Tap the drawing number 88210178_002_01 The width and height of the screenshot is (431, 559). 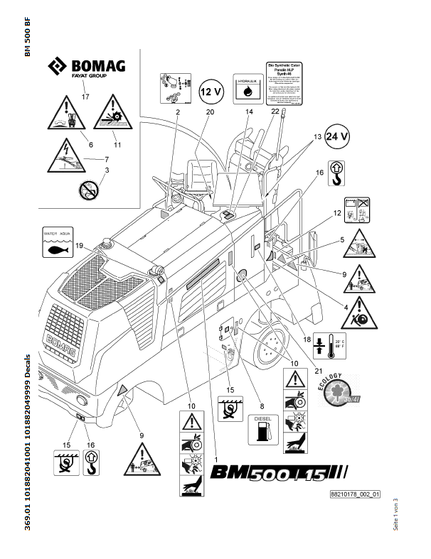click(x=356, y=494)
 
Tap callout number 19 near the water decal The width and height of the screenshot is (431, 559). click(x=80, y=246)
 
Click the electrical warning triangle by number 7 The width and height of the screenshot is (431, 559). click(x=67, y=160)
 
